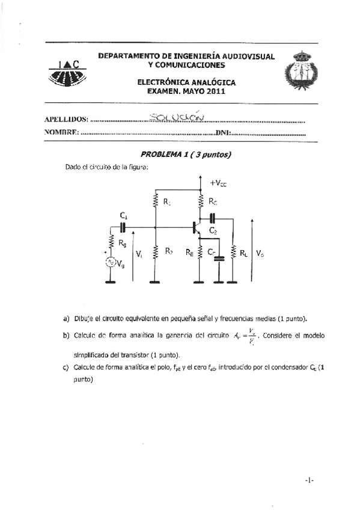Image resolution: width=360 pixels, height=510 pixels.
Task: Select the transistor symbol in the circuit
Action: pos(195,227)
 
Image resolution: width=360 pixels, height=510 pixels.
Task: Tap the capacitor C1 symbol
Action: pos(123,227)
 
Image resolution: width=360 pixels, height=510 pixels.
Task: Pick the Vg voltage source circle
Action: pos(110,262)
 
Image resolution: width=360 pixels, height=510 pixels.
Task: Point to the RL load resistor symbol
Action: pos(233,254)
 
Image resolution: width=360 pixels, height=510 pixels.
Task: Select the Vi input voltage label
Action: pos(139,254)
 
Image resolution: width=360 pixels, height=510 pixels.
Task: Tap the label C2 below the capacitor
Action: pos(213,230)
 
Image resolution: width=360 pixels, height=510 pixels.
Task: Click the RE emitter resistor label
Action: pos(189,253)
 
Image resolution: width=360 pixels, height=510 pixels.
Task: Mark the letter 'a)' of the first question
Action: pos(66,318)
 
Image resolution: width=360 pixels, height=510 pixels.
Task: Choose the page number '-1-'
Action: pos(309,480)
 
